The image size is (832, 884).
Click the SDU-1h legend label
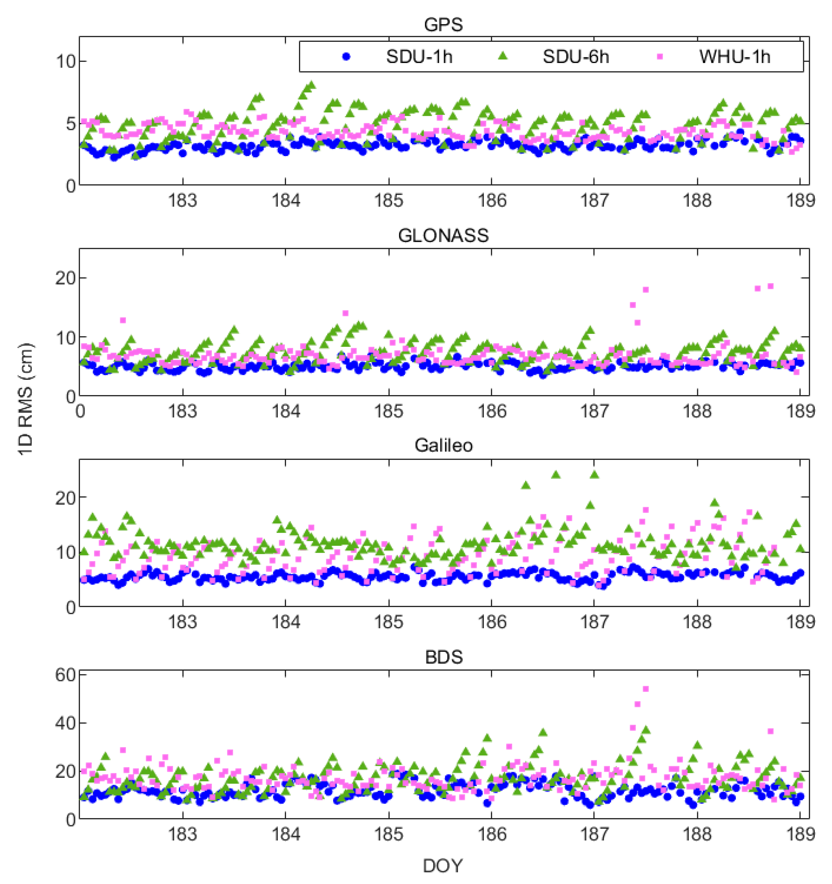[419, 57]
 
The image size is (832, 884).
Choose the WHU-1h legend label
[734, 57]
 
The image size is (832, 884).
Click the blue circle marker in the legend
[346, 57]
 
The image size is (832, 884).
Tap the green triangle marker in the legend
[502, 56]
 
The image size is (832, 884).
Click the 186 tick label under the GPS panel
[491, 201]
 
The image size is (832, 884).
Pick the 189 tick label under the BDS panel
[800, 834]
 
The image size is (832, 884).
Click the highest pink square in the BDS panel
[646, 689]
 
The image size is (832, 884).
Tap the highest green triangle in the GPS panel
[311, 84]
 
